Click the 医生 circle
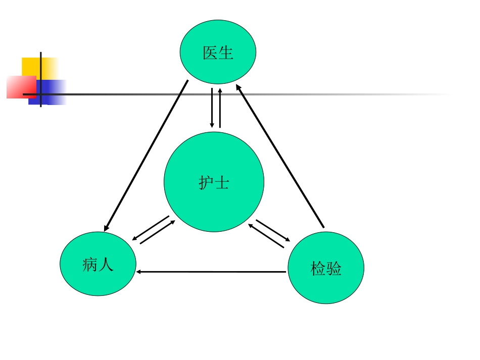218,52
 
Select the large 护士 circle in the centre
214,182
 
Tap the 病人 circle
98,264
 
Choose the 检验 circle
326,268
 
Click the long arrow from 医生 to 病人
146,156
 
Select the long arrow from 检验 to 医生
280,156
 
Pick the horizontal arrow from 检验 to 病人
211,272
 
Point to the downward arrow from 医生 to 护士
212,108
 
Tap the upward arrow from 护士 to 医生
220,108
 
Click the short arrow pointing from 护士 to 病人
151,228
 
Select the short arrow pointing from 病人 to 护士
158,232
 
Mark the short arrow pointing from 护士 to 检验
273,230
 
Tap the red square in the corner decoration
21,87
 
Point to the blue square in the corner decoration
47,92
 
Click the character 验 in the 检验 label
333,269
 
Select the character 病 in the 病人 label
90,265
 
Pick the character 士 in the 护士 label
222,183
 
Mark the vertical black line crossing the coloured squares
41,80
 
